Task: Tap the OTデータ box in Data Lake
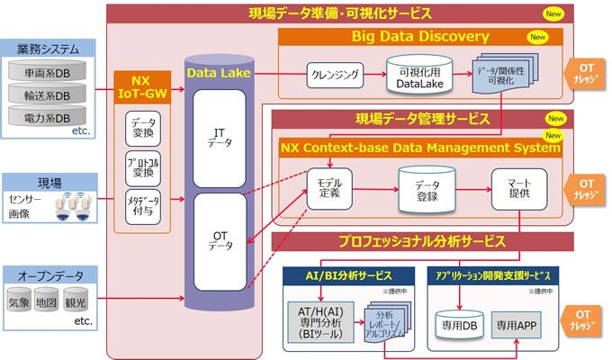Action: point(220,241)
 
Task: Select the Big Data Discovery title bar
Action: point(420,37)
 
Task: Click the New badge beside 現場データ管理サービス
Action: point(556,117)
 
